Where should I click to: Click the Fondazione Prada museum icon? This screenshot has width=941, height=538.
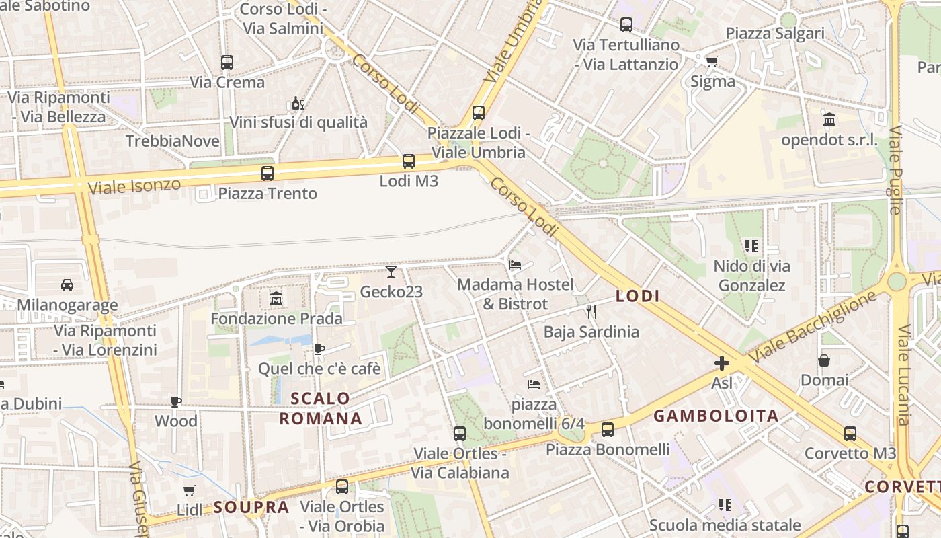coord(276,298)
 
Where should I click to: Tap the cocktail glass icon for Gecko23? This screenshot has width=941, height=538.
coord(391,272)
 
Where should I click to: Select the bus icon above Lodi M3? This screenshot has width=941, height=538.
coord(409,161)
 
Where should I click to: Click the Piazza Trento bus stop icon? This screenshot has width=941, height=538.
coord(268,174)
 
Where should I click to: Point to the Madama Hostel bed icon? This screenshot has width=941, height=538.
coord(515,264)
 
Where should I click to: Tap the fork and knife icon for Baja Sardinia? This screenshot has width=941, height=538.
coord(591,311)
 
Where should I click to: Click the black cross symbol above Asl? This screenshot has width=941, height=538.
coord(722,364)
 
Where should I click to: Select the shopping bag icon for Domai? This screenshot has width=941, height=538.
coord(824,360)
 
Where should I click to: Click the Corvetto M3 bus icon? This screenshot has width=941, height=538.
coord(850,434)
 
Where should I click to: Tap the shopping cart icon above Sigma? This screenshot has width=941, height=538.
coord(712,62)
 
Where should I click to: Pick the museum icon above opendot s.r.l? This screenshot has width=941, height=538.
coord(829,120)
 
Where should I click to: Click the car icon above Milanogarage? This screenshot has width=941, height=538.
coord(67,285)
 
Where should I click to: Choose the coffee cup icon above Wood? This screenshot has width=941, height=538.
coord(176,401)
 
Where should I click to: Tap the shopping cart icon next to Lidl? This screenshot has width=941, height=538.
coord(190,491)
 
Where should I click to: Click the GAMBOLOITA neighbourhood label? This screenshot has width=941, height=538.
coord(716,416)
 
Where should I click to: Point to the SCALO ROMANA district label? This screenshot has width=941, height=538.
coord(321,408)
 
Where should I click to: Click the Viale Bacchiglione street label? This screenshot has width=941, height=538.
coord(813,326)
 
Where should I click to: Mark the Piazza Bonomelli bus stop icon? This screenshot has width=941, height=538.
coord(608,429)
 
